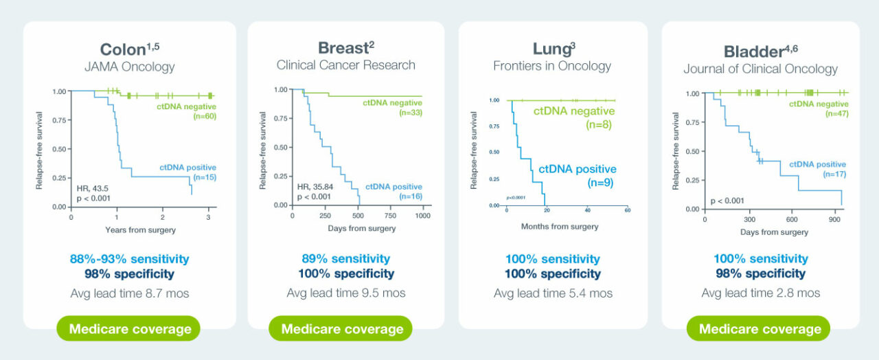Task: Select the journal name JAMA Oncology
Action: click(129, 67)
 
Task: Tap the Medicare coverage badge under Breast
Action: click(342, 329)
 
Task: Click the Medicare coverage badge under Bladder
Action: click(760, 329)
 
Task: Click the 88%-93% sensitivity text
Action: click(129, 259)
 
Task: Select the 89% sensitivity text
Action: click(345, 259)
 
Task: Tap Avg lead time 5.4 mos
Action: click(553, 293)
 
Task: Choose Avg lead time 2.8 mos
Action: click(760, 293)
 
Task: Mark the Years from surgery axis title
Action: click(141, 229)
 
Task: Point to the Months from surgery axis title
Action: click(560, 227)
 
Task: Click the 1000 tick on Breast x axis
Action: click(422, 216)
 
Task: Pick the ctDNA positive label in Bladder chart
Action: click(817, 164)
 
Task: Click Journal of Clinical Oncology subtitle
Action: click(760, 69)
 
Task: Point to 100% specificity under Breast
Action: click(345, 274)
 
